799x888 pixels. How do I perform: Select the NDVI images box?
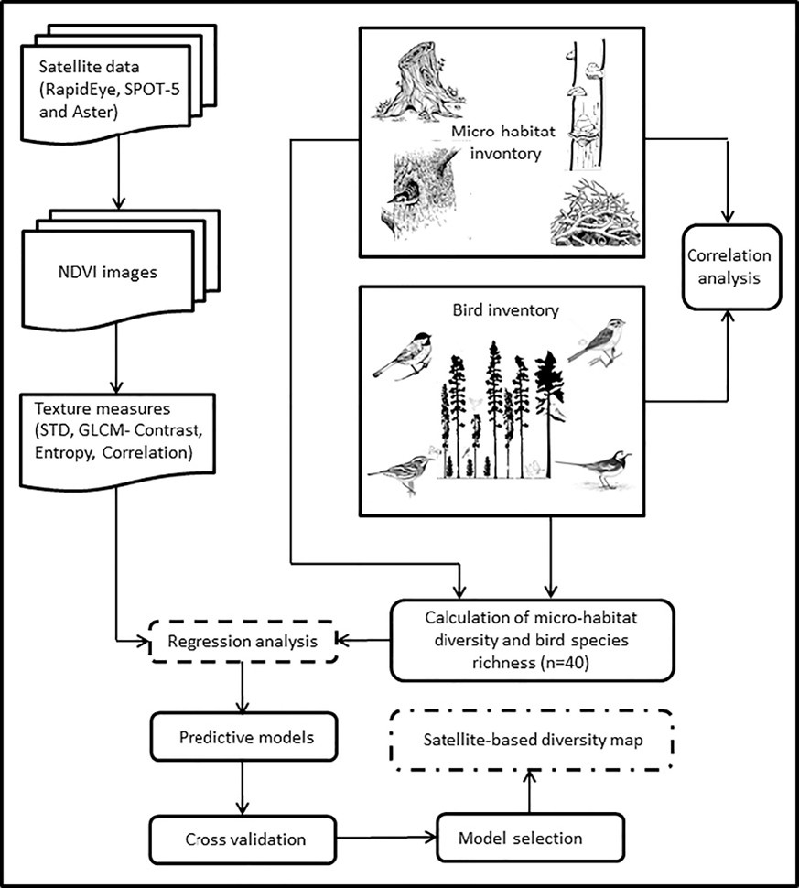(x=110, y=271)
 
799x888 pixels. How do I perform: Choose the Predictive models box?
(x=240, y=735)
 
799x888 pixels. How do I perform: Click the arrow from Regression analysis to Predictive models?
(x=240, y=688)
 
